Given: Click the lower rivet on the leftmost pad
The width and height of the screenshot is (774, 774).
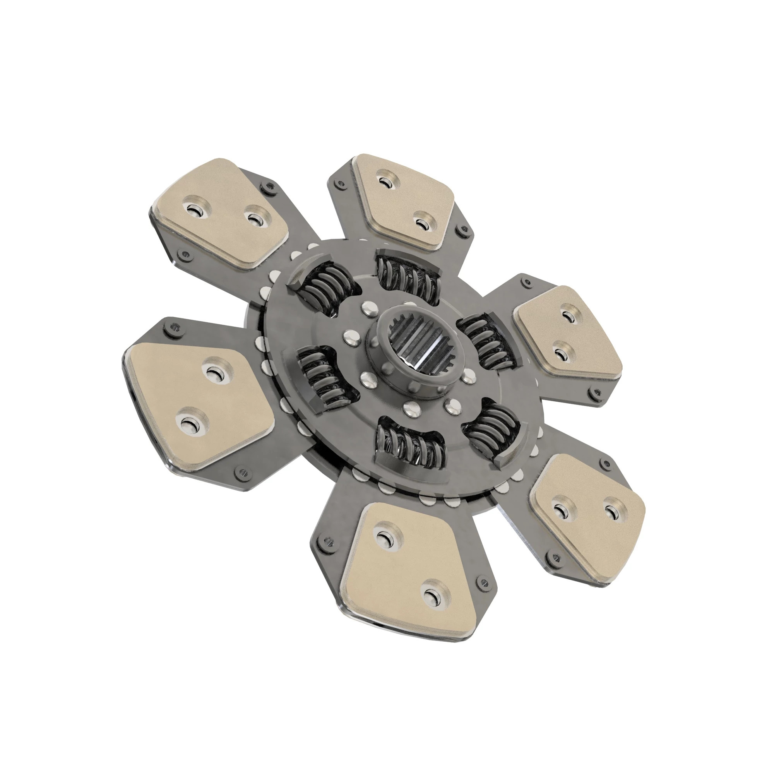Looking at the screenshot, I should (x=188, y=424).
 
